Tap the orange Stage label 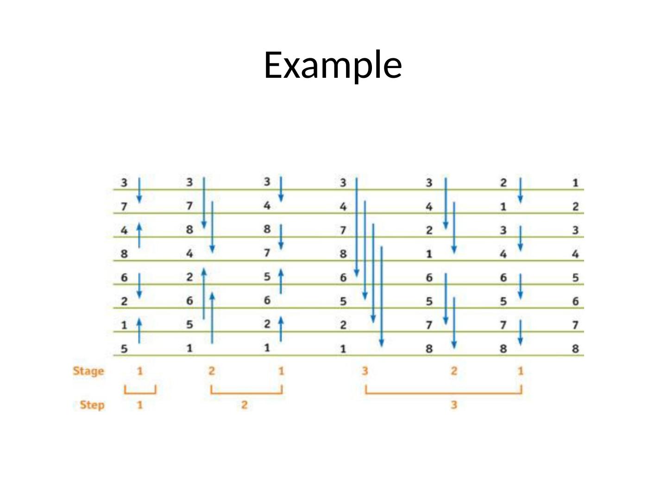tap(88, 371)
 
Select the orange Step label tap(92, 405)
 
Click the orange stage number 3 tap(365, 371)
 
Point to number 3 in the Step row tap(454, 405)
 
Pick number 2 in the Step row tap(244, 405)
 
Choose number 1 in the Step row tap(140, 405)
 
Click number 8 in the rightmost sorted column tap(575, 348)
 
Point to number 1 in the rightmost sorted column tap(575, 183)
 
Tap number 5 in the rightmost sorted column tap(575, 278)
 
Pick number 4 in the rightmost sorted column tap(575, 254)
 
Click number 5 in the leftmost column tap(124, 349)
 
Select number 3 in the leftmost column tap(124, 183)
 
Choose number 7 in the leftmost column tap(124, 206)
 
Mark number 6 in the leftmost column tap(124, 278)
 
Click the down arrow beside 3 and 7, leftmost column tap(139, 190)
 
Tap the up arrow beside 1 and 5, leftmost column tap(139, 331)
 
